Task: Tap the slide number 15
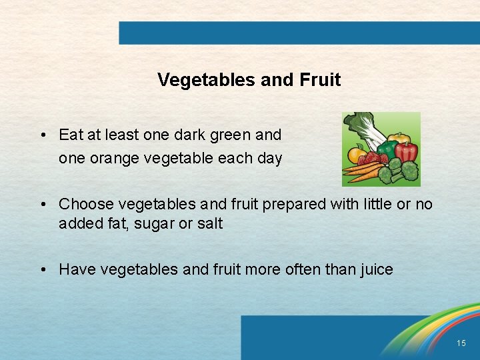pyautogui.click(x=461, y=343)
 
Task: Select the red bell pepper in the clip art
pyautogui.click(x=407, y=150)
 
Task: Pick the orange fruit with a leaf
pyautogui.click(x=356, y=155)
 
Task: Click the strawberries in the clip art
pyautogui.click(x=375, y=159)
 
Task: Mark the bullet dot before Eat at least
pyautogui.click(x=42, y=135)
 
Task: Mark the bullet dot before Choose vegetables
pyautogui.click(x=42, y=205)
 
